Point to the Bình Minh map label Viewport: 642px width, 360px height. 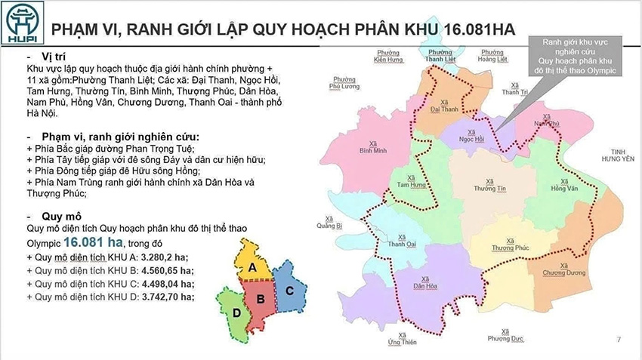pos(373,148)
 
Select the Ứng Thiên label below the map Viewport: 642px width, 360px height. pos(403,339)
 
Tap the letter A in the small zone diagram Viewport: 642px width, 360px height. pos(254,267)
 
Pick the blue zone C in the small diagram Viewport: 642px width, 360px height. pos(289,290)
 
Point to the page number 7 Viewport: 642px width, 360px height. pos(618,339)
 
